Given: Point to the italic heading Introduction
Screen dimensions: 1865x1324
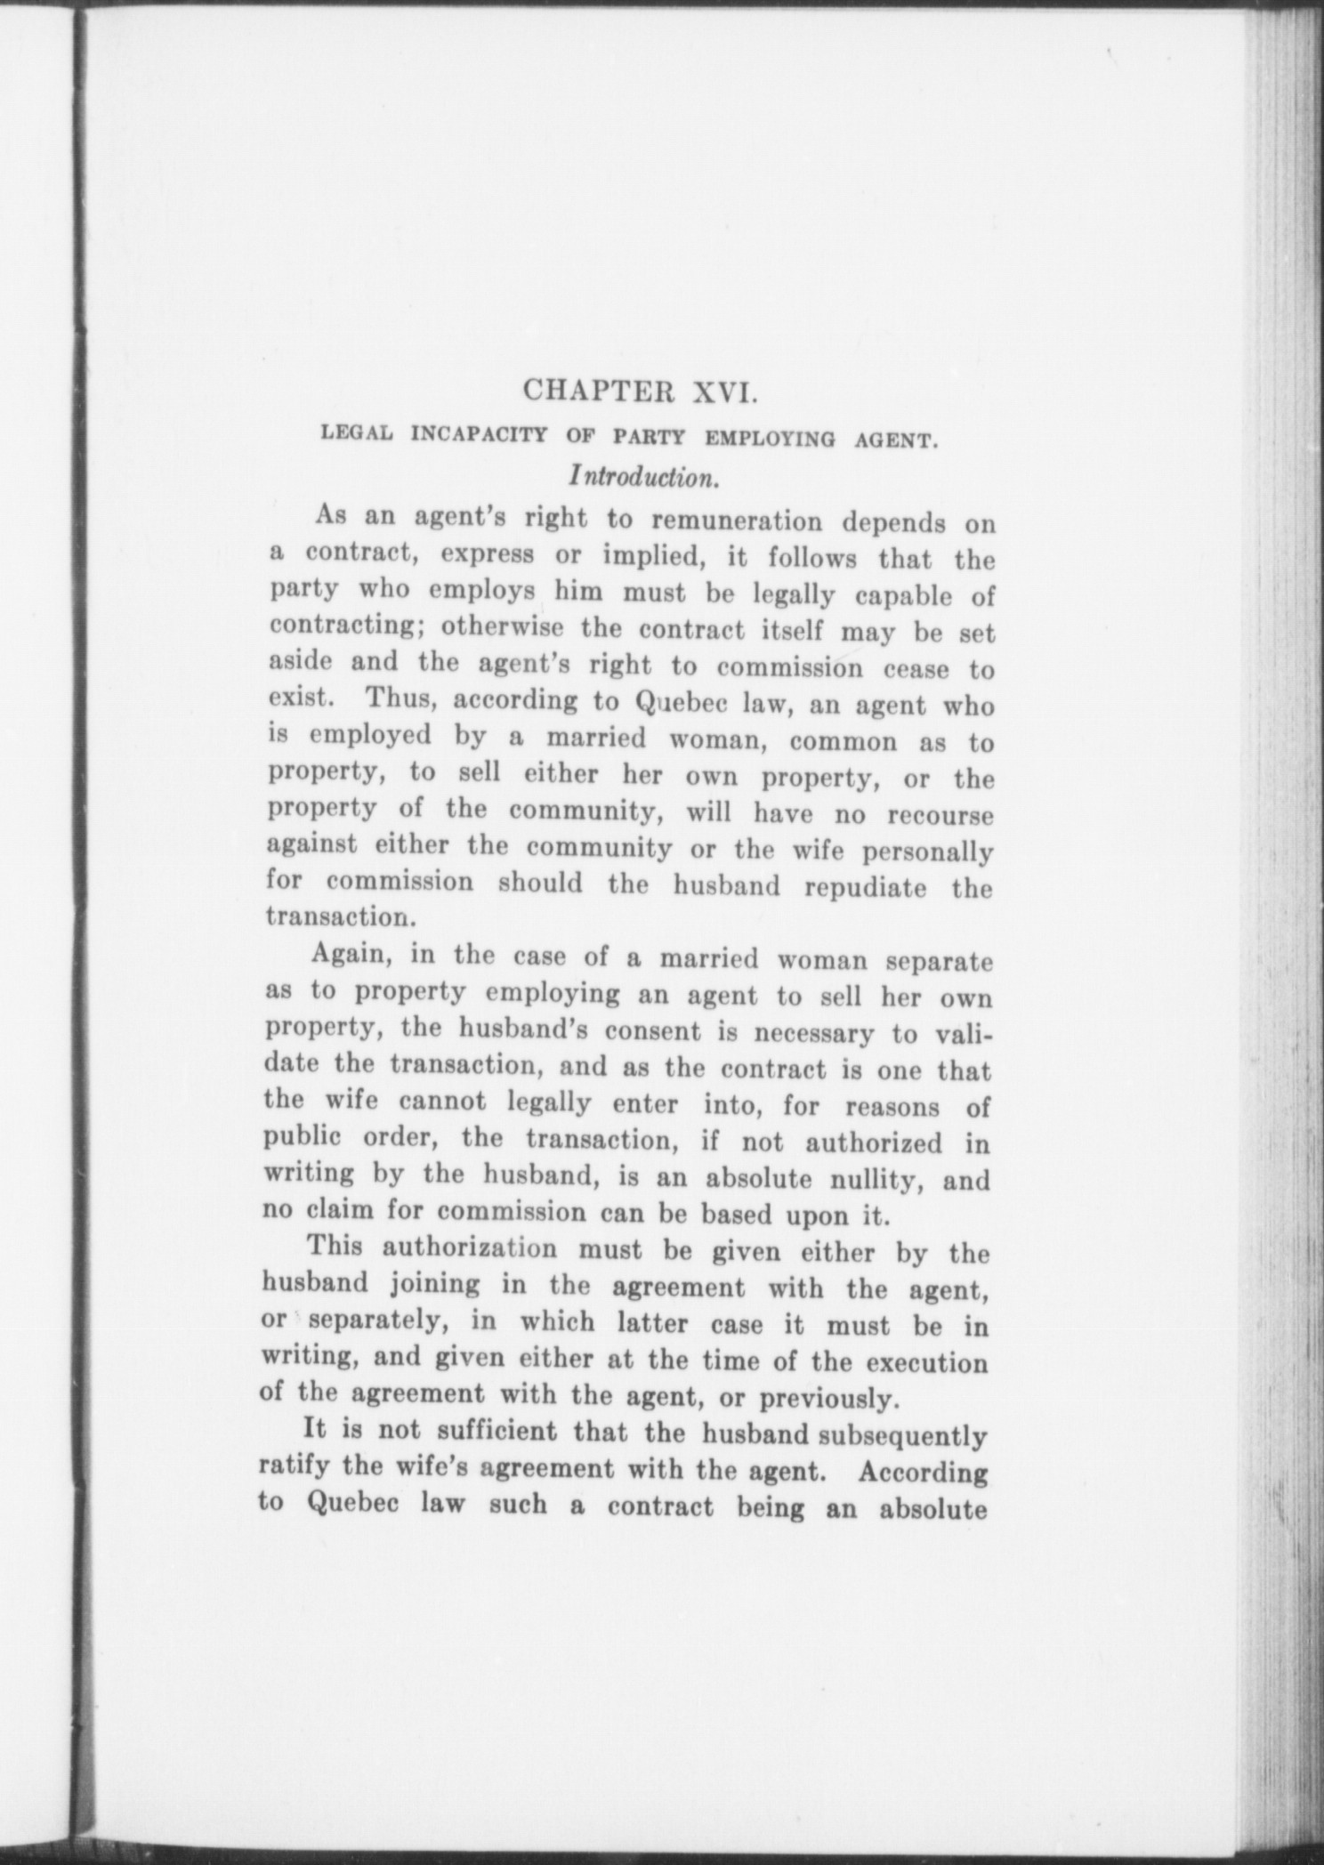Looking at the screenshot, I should (644, 477).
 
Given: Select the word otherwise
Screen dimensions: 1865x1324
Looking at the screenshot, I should (503, 626).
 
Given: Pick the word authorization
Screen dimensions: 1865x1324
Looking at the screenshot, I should (470, 1247).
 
